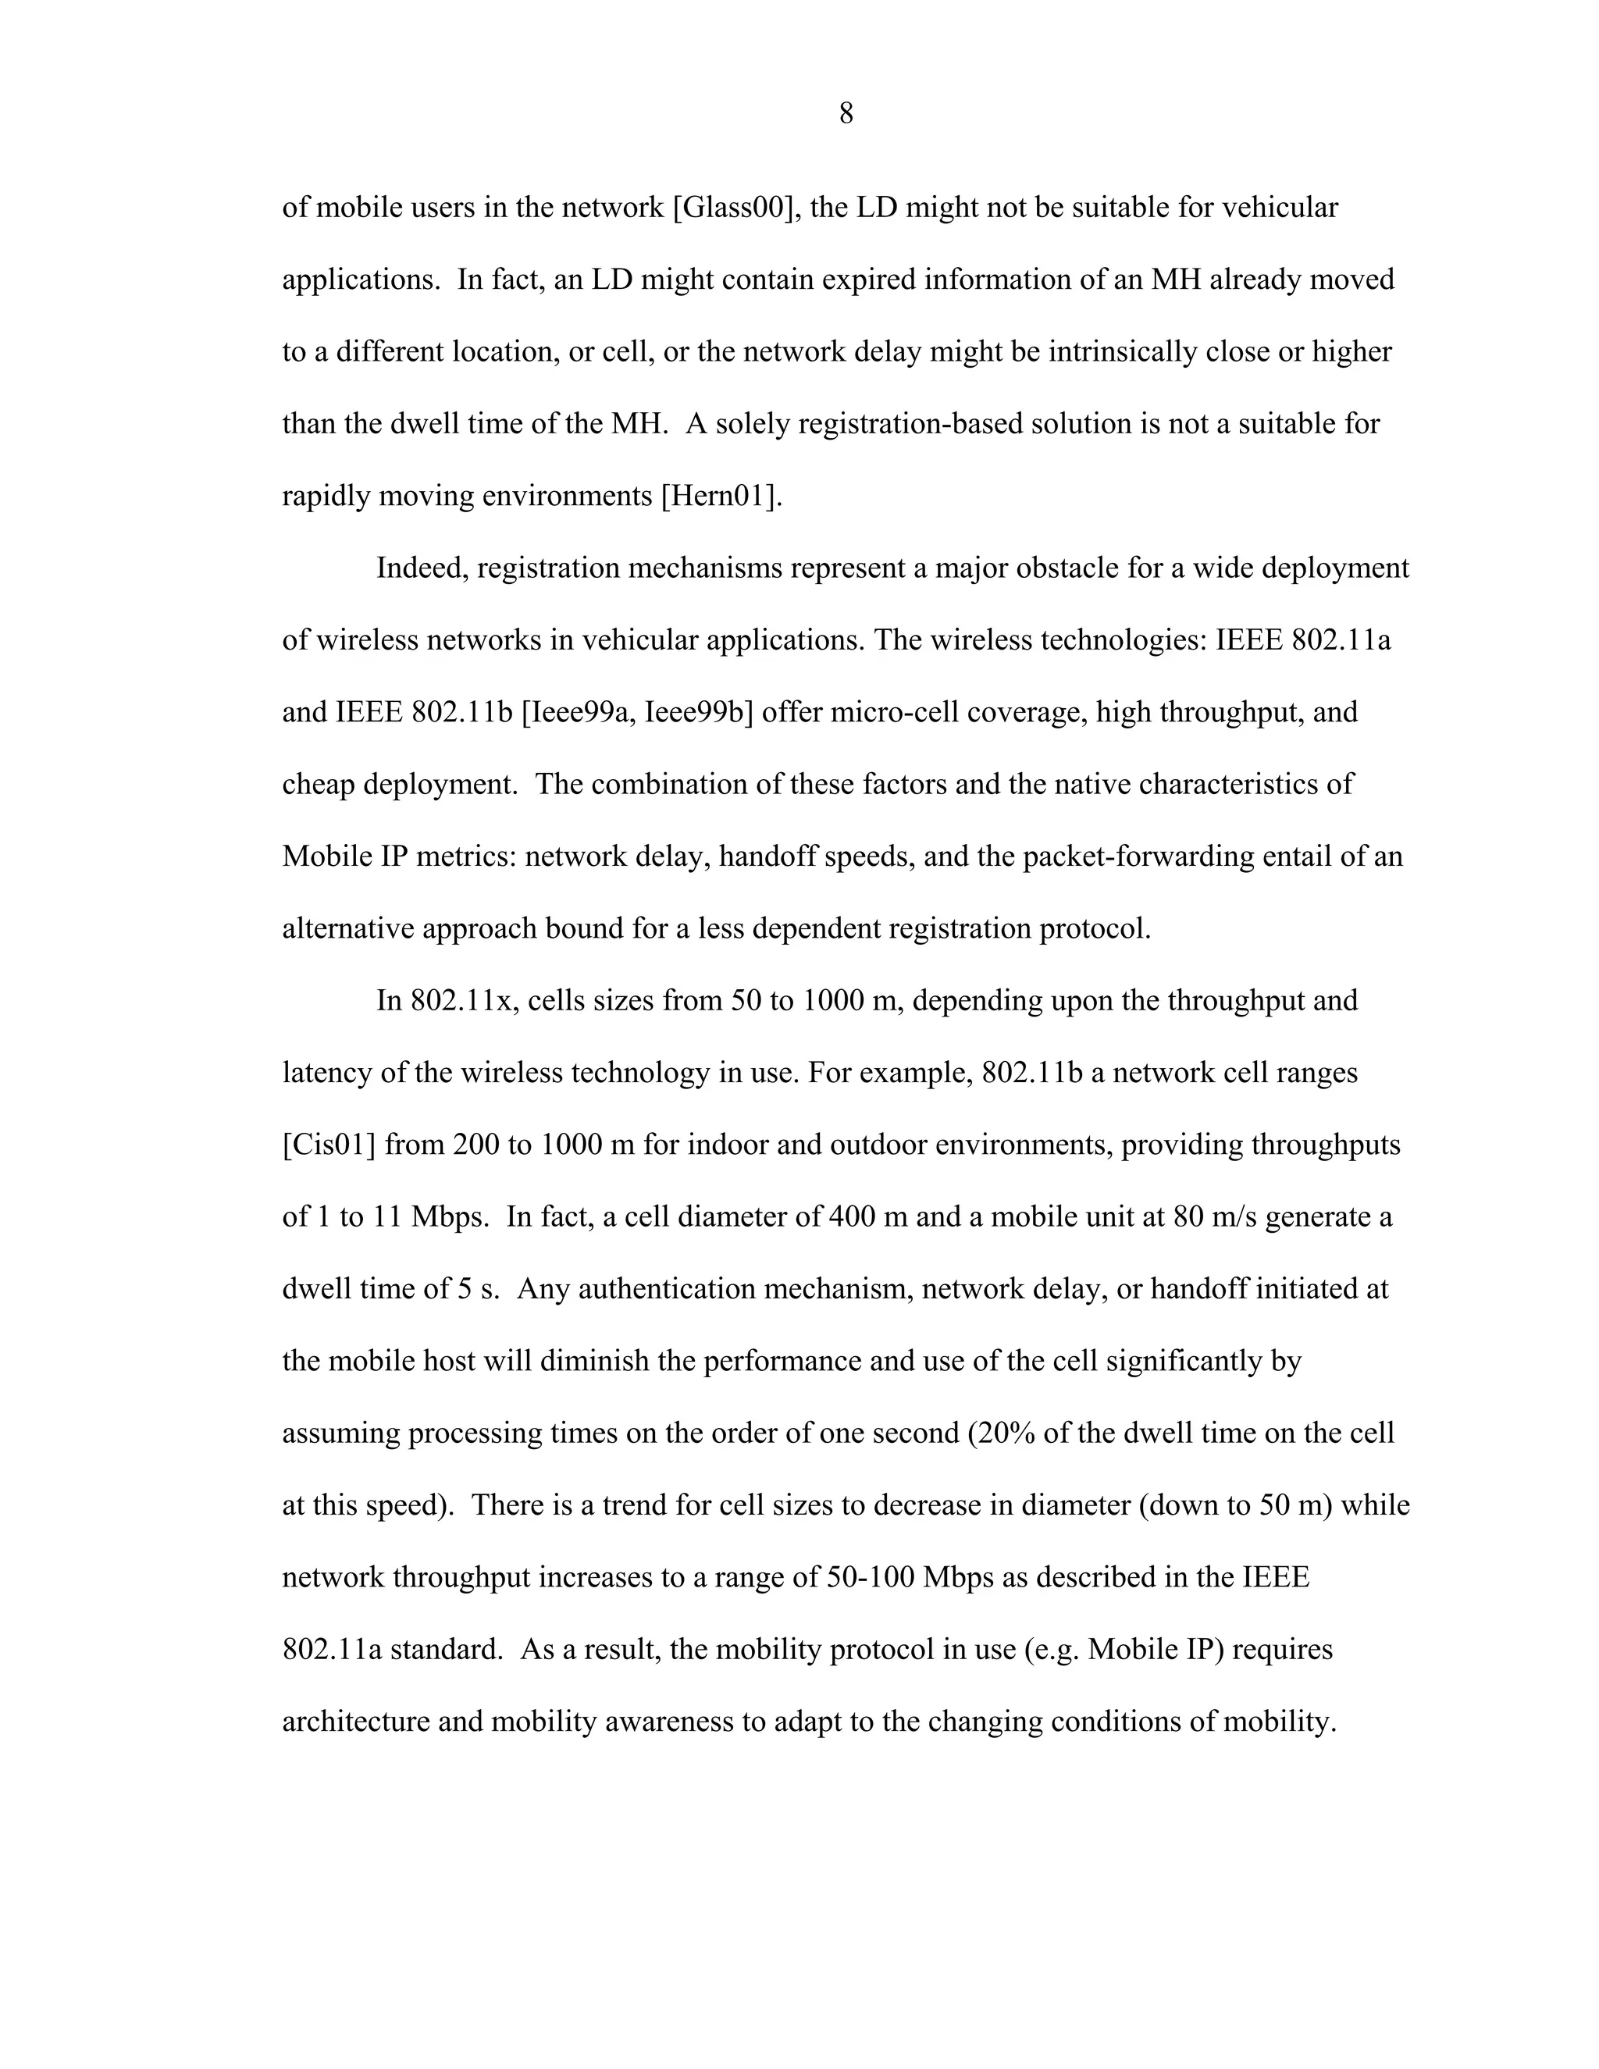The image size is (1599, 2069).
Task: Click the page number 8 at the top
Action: tap(846, 115)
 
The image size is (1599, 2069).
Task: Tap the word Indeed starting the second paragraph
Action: tap(422, 568)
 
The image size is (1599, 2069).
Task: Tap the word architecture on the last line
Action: tap(355, 1722)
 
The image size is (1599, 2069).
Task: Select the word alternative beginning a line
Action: tap(347, 928)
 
